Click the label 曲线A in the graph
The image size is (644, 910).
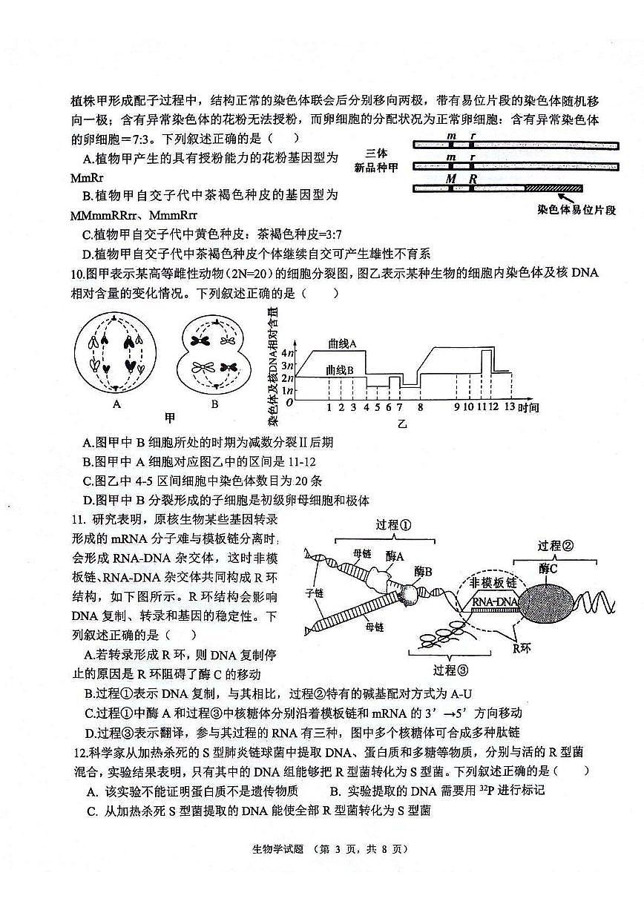[x=343, y=343]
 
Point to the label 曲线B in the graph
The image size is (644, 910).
[x=341, y=369]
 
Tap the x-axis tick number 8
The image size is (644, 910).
[x=420, y=407]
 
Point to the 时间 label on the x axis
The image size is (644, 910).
[x=528, y=407]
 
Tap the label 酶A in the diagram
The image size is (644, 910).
[x=395, y=555]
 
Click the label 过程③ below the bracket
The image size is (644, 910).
[x=450, y=670]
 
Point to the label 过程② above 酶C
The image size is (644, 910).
[x=556, y=546]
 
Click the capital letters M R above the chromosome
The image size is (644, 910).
[x=460, y=179]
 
